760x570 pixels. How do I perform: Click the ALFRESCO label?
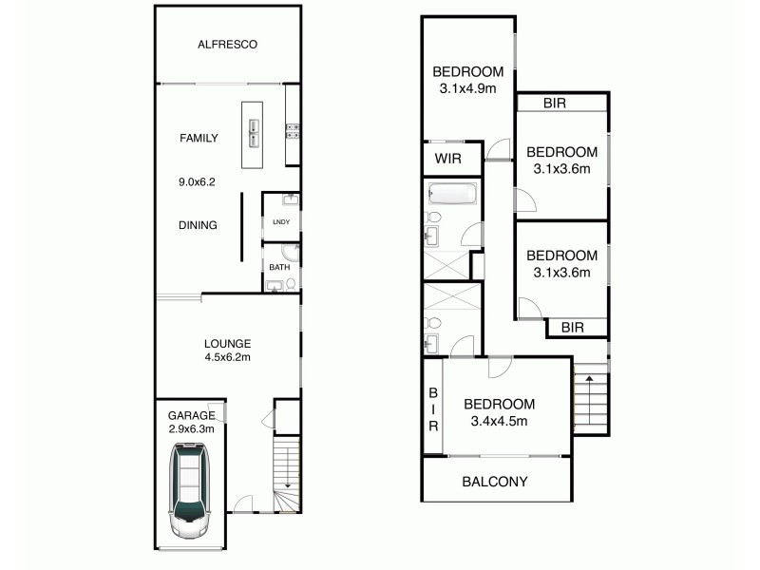click(228, 44)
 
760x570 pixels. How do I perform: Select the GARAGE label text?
click(191, 414)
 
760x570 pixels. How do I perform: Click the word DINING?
click(199, 225)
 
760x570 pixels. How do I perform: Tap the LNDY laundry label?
click(280, 222)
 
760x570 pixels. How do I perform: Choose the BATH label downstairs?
click(278, 267)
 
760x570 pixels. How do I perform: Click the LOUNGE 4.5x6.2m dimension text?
click(226, 358)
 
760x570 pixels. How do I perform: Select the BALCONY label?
click(494, 482)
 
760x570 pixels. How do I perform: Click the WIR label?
click(447, 159)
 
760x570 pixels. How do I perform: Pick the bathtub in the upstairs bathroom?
click(452, 196)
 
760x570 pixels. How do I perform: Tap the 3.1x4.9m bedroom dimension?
click(467, 89)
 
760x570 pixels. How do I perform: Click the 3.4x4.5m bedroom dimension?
click(499, 421)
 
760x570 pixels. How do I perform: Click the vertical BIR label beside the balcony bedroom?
click(432, 408)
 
